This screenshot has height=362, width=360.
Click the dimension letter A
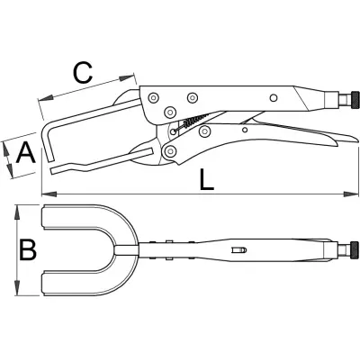[26, 153]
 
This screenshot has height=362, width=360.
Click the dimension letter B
[28, 249]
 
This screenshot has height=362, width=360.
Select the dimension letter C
[83, 73]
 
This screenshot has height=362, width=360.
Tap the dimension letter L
[206, 179]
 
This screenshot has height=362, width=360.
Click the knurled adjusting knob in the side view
[355, 101]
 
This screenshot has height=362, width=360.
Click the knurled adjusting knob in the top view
[355, 249]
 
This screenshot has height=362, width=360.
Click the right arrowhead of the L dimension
[351, 194]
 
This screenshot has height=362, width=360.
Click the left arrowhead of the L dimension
[49, 194]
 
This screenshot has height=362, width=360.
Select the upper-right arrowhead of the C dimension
[126, 77]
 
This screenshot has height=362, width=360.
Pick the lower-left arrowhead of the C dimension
[46, 98]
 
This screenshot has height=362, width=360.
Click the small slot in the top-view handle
[238, 249]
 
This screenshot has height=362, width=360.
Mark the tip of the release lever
[358, 139]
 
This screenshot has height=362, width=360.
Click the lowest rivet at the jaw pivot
[170, 150]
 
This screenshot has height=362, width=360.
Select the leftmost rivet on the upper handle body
[154, 97]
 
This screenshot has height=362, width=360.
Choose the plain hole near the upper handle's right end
[273, 97]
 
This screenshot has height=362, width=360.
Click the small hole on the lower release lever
[245, 130]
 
